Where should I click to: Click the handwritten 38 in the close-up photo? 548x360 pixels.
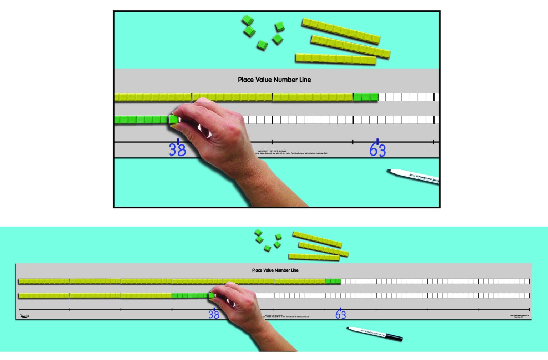tap(177, 149)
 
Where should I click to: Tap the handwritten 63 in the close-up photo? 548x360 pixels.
tap(377, 150)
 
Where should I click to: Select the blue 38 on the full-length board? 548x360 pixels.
tap(214, 314)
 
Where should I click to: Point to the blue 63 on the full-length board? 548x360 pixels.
tap(340, 314)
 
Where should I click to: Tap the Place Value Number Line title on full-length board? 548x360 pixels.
tap(275, 270)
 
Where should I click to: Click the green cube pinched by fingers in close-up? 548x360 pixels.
tap(174, 119)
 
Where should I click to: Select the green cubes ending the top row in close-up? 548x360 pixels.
tap(366, 97)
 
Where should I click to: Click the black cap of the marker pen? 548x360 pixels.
tap(394, 337)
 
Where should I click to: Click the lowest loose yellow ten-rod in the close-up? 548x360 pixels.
tap(335, 59)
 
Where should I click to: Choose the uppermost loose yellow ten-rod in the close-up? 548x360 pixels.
tap(341, 31)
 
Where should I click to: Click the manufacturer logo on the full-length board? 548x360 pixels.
tap(24, 316)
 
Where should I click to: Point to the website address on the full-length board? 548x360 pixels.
tap(519, 315)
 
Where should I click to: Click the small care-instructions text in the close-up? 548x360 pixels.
tap(293, 152)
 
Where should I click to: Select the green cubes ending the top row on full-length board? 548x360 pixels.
tap(333, 281)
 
